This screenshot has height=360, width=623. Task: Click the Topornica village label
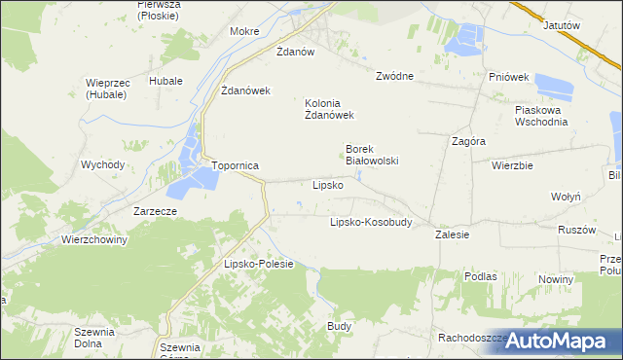pos(235,166)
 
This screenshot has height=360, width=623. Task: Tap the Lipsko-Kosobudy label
pos(371,222)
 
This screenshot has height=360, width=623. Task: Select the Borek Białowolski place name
pos(373,156)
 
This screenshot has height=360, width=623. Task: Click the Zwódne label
pos(395,76)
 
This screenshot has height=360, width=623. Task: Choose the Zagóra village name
pos(469,141)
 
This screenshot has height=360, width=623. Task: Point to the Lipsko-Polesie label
pos(259,265)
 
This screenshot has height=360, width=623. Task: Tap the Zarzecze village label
pos(156,211)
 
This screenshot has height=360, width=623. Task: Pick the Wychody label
pos(103,164)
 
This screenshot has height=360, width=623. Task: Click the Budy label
pos(339,326)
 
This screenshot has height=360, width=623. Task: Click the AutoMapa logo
pos(552,342)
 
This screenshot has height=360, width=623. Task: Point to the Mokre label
pos(243,31)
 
